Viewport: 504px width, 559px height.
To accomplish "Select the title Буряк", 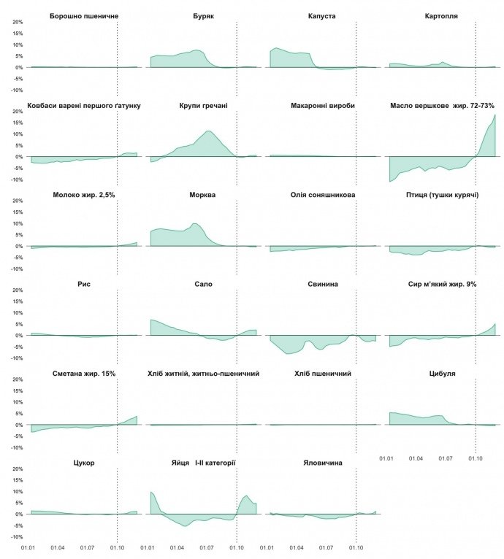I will [x=203, y=15].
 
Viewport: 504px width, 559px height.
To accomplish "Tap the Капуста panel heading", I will [x=322, y=15].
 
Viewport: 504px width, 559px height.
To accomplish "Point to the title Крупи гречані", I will [x=203, y=105].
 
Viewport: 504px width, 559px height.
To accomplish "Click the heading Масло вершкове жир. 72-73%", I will [x=443, y=105].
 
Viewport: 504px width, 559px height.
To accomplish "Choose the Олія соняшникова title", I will [x=322, y=195].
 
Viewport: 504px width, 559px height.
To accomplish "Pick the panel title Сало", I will [x=203, y=284].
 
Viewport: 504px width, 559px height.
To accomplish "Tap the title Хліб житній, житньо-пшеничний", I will [x=203, y=374].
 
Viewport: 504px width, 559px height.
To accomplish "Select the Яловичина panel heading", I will [x=322, y=463].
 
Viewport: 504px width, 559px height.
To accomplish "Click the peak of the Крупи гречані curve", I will [x=209, y=131].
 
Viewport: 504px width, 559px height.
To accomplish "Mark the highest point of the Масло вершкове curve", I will [x=495, y=115].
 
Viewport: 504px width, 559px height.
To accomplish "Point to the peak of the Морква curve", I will [x=194, y=223].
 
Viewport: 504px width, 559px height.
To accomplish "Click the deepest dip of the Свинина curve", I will [x=288, y=354].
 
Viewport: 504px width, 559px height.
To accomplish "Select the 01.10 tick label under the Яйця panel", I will [x=237, y=547].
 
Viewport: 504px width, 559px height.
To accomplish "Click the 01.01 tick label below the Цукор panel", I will [x=30, y=547].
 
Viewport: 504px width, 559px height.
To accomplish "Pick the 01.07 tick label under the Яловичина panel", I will [x=327, y=547].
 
